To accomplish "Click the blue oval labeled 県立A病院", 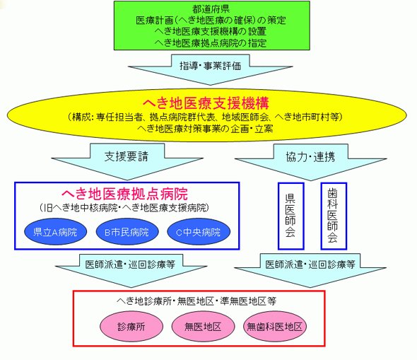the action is click(55, 232).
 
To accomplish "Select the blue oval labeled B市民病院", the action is click(127, 232).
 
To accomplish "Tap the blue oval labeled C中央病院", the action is click(199, 232).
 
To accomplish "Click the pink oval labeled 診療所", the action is click(131, 327).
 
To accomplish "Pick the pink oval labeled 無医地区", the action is click(203, 327).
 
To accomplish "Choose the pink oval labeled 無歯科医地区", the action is click(275, 327).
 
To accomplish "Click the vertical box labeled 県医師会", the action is click(291, 216).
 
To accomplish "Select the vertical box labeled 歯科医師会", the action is click(334, 216).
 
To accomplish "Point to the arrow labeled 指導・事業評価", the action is click(211, 70).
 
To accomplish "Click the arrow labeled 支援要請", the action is click(127, 161).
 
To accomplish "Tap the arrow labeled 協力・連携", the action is click(310, 162).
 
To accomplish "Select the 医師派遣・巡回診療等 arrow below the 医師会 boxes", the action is click(310, 270).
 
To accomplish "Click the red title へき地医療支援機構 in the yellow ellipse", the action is click(206, 103).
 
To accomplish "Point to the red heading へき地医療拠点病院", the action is click(124, 194).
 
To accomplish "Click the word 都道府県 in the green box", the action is click(211, 9).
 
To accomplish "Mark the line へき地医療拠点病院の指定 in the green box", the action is click(211, 43).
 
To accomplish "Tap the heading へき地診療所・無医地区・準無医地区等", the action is click(196, 301).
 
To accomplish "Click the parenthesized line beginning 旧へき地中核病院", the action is click(124, 208).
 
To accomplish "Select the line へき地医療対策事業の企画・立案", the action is click(205, 129).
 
